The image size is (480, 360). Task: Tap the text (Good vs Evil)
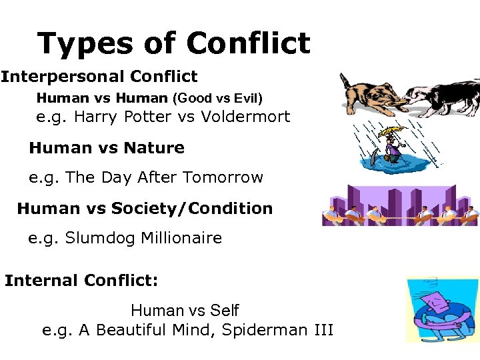tap(218, 98)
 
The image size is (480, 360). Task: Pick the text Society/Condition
tap(192, 209)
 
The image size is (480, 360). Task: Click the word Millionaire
tap(181, 238)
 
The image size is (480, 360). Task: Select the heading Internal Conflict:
tap(81, 281)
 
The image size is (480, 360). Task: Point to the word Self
tap(223, 310)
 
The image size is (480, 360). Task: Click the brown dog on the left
tap(367, 94)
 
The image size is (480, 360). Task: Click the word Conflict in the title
tap(248, 44)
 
